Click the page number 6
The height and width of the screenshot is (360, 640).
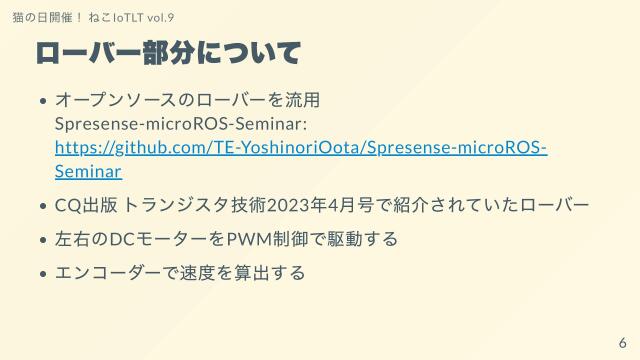[x=621, y=341]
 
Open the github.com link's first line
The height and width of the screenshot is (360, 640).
[x=301, y=148]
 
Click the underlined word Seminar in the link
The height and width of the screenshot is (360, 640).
[x=89, y=171]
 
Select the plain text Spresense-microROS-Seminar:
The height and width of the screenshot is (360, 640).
[x=181, y=124]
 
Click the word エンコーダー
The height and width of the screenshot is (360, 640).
[x=108, y=272]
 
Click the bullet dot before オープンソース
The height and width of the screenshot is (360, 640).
[x=44, y=102]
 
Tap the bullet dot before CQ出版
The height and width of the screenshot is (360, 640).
[x=44, y=206]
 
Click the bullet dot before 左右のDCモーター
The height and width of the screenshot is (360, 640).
[x=44, y=240]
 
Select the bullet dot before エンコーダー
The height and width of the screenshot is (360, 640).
[x=44, y=273]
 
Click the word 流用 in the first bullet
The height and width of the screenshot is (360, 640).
[x=301, y=101]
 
